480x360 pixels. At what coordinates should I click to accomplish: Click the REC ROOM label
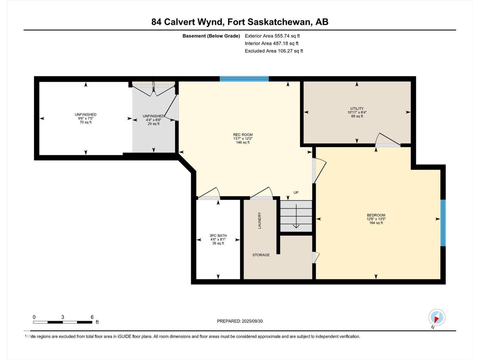pyautogui.click(x=243, y=135)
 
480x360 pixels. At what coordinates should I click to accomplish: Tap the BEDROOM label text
pyautogui.click(x=376, y=215)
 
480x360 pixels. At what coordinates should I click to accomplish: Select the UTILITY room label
pyautogui.click(x=357, y=109)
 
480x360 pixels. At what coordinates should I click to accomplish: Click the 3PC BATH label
pyautogui.click(x=218, y=235)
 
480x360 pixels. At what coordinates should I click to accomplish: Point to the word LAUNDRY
pyautogui.click(x=259, y=220)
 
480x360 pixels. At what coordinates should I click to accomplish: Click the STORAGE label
pyautogui.click(x=261, y=255)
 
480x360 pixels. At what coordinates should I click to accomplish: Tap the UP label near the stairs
pyautogui.click(x=296, y=193)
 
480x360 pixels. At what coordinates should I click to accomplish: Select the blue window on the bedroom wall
pyautogui.click(x=443, y=223)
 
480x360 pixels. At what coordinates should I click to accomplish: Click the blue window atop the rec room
pyautogui.click(x=244, y=79)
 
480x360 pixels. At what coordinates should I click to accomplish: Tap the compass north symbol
pyautogui.click(x=437, y=317)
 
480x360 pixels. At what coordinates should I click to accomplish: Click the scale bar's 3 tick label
pyautogui.click(x=62, y=317)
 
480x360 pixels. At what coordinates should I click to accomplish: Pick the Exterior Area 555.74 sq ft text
pyautogui.click(x=272, y=36)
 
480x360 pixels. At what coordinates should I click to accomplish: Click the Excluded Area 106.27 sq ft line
pyautogui.click(x=274, y=51)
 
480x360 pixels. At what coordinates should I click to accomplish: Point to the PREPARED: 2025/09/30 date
pyautogui.click(x=240, y=321)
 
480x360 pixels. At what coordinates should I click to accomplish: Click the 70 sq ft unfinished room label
pyautogui.click(x=85, y=122)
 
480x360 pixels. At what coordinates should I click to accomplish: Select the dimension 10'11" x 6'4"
pyautogui.click(x=357, y=112)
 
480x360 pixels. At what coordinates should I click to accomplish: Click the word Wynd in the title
pyautogui.click(x=210, y=22)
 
